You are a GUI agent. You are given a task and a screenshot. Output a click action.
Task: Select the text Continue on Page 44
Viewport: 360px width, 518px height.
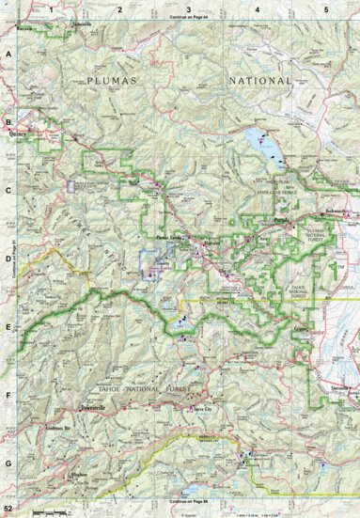[180, 18]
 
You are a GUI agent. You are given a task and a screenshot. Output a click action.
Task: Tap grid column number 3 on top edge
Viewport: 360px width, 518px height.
[189, 8]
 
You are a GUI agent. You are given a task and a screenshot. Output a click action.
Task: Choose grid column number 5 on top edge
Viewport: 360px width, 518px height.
[325, 8]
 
